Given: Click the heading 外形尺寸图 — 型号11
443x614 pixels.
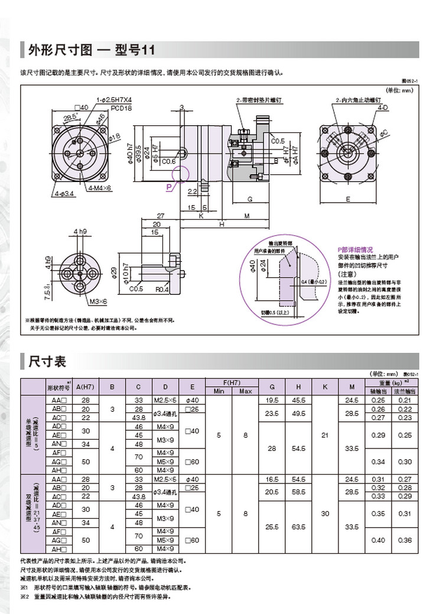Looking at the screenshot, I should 92,50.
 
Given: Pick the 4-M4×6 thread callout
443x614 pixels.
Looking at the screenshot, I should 100,189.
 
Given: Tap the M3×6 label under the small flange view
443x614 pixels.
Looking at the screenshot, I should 99,302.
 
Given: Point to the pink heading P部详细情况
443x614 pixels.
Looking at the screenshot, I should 355,249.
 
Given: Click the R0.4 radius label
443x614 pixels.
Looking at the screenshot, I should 162,290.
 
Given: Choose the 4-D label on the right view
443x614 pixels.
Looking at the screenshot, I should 383,108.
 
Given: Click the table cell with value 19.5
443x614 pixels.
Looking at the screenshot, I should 272,400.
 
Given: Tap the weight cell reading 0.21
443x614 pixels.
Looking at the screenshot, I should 405,400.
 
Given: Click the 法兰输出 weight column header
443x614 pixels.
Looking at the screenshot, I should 405,391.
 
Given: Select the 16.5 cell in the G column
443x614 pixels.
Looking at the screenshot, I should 272,479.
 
